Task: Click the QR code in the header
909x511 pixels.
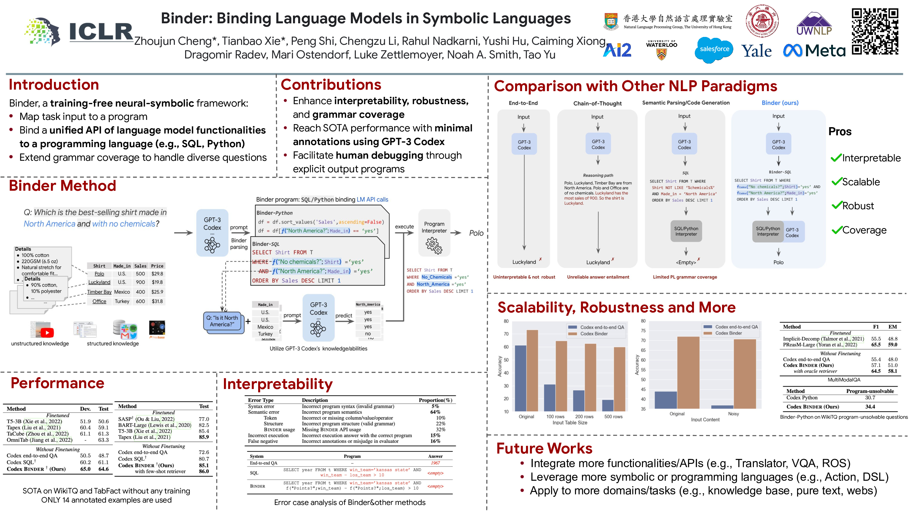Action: [x=875, y=32]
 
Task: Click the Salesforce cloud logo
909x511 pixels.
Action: [x=714, y=49]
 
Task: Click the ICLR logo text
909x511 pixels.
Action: [x=101, y=32]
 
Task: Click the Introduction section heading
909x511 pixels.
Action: [x=54, y=85]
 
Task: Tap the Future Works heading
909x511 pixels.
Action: [x=544, y=448]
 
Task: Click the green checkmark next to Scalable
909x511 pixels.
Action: [x=836, y=182]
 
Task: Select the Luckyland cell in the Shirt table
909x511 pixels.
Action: [x=99, y=282]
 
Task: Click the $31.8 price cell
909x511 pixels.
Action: [x=157, y=301]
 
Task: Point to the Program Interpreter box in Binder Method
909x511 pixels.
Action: [x=434, y=233]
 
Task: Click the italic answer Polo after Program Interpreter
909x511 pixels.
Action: [x=476, y=233]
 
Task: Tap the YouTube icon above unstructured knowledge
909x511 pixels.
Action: [x=47, y=332]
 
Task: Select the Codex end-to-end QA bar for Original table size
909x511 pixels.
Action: [x=520, y=378]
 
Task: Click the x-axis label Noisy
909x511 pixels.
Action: [x=733, y=414]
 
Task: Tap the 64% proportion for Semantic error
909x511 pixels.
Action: [x=435, y=412]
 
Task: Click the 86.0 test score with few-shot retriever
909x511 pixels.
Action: [x=204, y=471]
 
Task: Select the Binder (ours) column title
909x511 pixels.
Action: [x=780, y=103]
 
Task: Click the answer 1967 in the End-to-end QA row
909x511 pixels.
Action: [x=435, y=463]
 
